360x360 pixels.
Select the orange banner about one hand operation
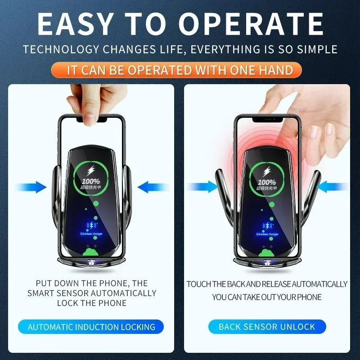point(180,70)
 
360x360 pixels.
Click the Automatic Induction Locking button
point(91,327)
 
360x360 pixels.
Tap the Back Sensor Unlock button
point(267,327)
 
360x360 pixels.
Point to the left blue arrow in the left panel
point(34,187)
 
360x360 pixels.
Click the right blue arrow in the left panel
point(151,187)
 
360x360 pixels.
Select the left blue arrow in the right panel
point(202,186)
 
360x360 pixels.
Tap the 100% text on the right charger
point(267,182)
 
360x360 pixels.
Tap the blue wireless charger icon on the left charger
point(92,226)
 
